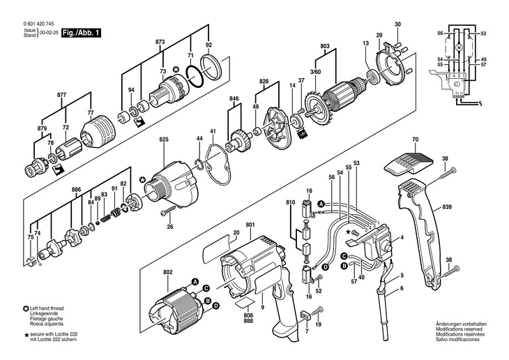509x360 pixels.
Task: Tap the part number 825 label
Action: [164, 140]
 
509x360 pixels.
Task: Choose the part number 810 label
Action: [291, 202]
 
